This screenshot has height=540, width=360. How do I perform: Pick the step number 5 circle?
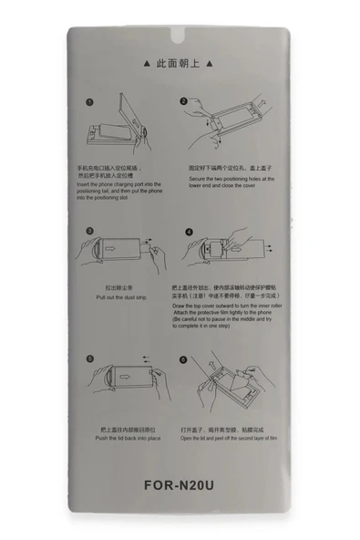coord(91,359)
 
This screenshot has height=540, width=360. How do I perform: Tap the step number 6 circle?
coord(183,359)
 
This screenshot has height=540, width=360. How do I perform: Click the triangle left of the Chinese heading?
coord(149,65)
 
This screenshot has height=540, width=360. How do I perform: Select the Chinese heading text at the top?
coord(180,65)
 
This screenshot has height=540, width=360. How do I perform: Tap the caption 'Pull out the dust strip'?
coord(123,298)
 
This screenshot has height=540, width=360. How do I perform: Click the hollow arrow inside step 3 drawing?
coord(112,247)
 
